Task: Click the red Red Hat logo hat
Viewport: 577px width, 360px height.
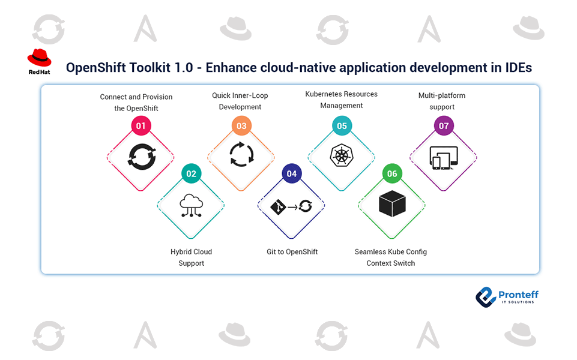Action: point(39,58)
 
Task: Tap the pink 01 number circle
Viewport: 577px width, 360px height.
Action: point(141,126)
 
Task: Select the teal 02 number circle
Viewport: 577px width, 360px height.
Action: point(191,174)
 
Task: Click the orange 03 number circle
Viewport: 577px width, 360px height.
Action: point(241,126)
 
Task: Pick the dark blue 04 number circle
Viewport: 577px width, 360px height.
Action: point(291,174)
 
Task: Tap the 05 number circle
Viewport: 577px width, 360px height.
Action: point(342,126)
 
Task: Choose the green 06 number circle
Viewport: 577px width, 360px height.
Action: point(392,174)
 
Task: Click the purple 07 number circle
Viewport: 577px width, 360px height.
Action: point(444,126)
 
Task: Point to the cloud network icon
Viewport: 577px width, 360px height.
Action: point(191,205)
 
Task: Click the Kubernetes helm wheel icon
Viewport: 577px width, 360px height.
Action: point(342,157)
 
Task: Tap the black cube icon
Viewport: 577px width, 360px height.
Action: point(392,205)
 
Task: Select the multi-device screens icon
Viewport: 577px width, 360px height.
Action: point(444,158)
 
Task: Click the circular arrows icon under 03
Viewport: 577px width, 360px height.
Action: point(241,154)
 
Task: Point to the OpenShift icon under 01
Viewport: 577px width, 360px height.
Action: point(141,157)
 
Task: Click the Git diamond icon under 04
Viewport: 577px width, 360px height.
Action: point(277,207)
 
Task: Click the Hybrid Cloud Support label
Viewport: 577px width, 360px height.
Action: point(191,257)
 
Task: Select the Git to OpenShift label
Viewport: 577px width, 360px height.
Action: point(292,251)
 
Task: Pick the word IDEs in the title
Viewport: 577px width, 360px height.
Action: point(517,67)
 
